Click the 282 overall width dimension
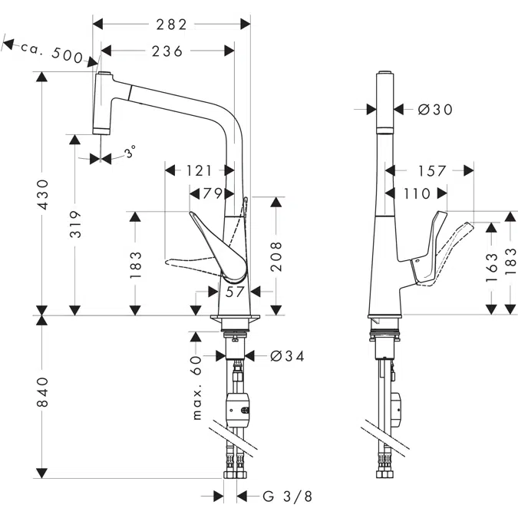172,24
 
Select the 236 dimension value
167,51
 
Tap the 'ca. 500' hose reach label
52,51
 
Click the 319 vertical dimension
75,225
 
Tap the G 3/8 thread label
287,497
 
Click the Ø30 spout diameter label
435,110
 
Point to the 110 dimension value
416,193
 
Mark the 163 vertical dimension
491,266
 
